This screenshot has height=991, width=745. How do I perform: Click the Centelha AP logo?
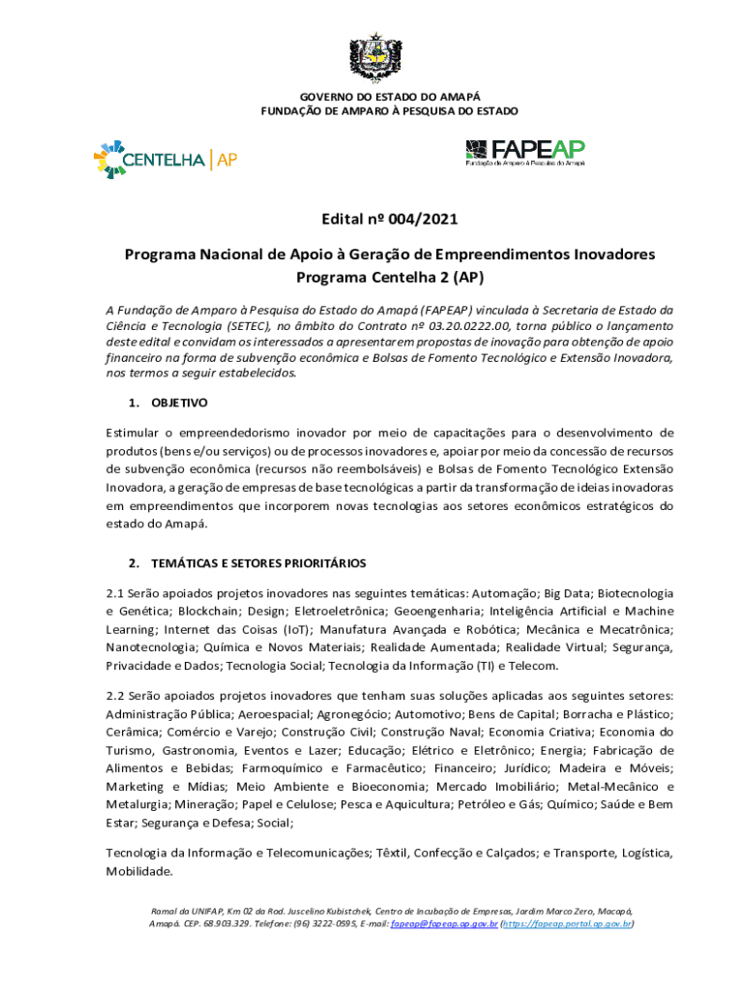point(164,160)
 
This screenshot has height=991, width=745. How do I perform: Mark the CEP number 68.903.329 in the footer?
point(209,924)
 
